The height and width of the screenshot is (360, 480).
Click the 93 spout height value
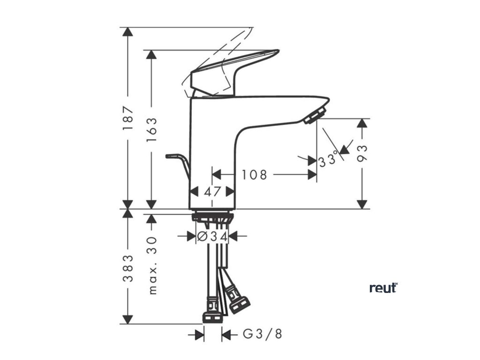tap(362, 153)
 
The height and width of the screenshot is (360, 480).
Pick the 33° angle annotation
tap(328, 160)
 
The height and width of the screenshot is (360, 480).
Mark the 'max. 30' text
tap(152, 265)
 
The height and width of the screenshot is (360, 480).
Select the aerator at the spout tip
tap(315, 115)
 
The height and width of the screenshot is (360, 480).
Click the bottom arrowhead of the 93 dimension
tap(361, 204)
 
